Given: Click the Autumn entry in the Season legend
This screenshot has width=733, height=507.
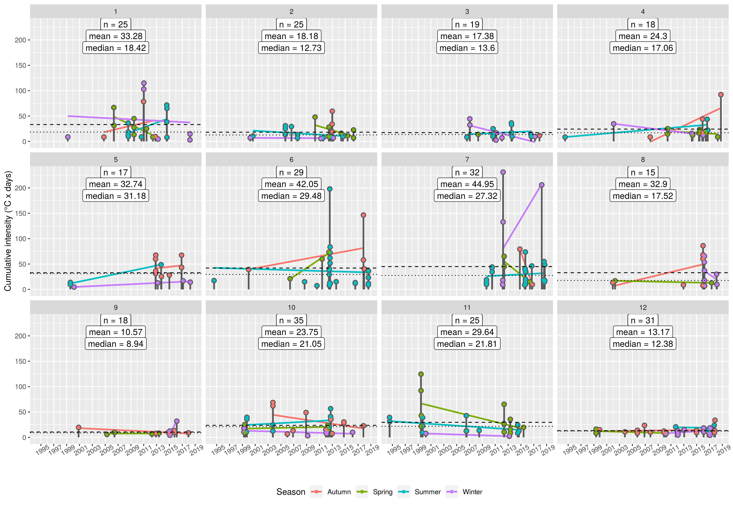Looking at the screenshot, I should (339, 492).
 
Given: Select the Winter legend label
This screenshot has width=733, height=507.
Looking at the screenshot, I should (472, 492).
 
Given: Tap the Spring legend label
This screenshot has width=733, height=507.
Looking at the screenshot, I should (382, 492).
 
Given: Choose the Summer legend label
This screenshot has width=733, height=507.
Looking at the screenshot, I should (428, 492).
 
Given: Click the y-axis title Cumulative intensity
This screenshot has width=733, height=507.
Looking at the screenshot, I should (8, 231).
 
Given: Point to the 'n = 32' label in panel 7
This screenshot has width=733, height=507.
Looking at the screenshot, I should (467, 173).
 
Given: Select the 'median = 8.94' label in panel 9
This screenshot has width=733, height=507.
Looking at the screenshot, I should (116, 344).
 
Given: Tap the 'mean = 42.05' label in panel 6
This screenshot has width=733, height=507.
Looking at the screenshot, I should (291, 184).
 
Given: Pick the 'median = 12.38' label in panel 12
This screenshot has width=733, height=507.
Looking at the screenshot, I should (643, 344).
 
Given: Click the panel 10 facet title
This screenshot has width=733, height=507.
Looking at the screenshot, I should (291, 308).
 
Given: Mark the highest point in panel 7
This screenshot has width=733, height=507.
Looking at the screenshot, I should (503, 172).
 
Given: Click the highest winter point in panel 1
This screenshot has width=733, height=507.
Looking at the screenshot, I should (144, 83).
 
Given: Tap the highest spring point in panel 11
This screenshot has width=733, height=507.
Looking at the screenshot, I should (421, 374).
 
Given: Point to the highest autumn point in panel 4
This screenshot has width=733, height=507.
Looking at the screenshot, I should (721, 95).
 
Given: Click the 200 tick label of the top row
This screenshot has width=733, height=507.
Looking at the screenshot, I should (20, 40).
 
